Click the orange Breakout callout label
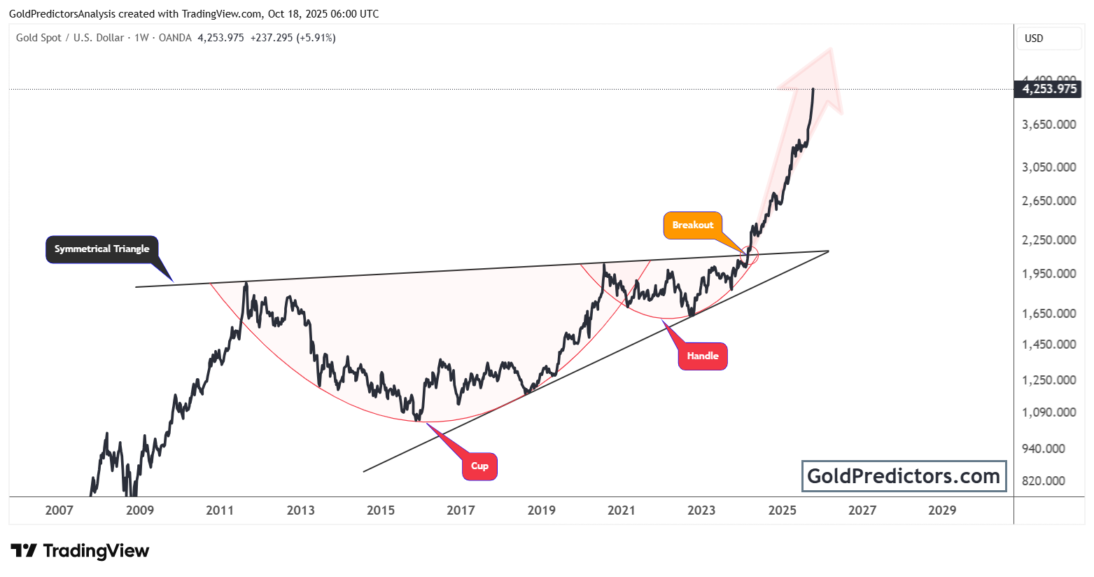point(693,225)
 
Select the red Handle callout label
point(703,356)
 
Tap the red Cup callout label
point(479,466)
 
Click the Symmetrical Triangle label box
point(102,249)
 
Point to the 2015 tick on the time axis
point(381,510)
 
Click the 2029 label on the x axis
point(942,510)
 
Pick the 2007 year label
point(59,510)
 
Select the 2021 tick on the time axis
point(622,510)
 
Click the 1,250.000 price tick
point(1049,380)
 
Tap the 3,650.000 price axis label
point(1049,125)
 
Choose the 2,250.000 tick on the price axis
point(1049,240)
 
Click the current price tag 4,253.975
point(1049,89)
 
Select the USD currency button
point(1035,39)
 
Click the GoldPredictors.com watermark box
point(904,476)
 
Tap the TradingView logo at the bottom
point(80,551)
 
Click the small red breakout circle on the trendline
point(749,256)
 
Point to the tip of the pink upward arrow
point(830,49)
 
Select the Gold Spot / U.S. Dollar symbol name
point(70,38)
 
